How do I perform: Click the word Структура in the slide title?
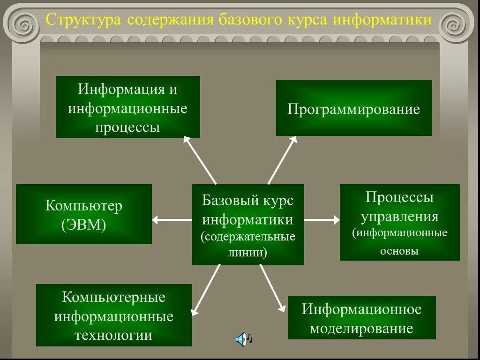pos(82,21)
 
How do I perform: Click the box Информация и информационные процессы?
pos(127,107)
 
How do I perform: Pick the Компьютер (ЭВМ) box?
pos(83,214)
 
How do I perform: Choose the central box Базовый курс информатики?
pos(248,225)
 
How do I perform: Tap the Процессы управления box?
pos(399,223)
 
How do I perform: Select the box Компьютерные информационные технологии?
pos(114,315)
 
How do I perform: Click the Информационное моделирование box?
pos(361,318)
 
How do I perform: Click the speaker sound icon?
pos(242,338)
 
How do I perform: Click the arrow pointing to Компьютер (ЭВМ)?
pos(172,219)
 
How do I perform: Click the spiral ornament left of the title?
pos(22,22)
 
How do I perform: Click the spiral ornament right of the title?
pos(456,22)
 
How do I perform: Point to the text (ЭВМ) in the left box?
pos(83,225)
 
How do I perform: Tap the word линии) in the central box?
pos(248,253)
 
